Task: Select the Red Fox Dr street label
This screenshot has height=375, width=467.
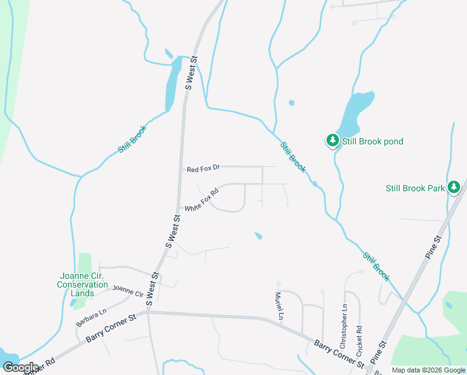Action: [204, 169]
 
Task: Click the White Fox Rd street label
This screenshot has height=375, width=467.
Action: [201, 200]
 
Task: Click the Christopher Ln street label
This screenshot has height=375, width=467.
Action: [343, 327]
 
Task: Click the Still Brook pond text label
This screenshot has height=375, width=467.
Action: [373, 141]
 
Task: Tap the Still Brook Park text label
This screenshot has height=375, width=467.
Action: [415, 188]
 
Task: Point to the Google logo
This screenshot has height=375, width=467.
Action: [20, 367]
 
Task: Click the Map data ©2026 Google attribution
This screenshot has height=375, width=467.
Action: [428, 370]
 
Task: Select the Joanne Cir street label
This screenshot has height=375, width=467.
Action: [128, 292]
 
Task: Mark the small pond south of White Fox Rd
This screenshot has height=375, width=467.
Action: [258, 236]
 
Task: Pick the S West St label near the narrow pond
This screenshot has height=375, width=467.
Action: [191, 74]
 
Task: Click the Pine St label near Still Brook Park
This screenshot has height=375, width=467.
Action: [436, 244]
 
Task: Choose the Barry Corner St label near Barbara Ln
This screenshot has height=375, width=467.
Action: [111, 328]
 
